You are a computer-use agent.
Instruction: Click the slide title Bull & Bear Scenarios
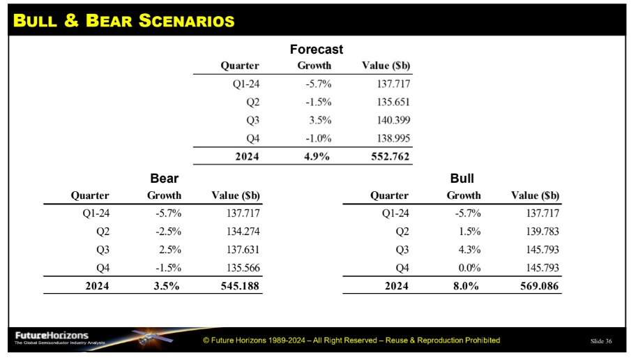124,20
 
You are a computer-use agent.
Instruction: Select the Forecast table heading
317,49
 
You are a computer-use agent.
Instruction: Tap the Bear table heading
164,178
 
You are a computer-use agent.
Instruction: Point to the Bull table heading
462,178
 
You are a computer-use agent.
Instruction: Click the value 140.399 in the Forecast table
393,120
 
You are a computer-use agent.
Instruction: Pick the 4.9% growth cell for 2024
317,156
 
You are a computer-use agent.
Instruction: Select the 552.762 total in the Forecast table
390,156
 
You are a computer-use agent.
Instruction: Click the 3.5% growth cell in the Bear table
166,286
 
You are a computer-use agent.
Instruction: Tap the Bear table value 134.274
243,232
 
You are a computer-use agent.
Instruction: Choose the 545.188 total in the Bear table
240,286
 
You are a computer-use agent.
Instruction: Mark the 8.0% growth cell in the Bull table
466,286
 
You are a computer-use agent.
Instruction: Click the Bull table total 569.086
539,286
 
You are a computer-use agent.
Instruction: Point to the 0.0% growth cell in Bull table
470,268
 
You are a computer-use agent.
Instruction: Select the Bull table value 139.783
542,232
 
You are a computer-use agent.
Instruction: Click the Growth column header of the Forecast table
314,66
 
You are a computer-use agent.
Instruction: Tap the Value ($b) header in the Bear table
236,195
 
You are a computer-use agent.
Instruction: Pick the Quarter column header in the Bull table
389,196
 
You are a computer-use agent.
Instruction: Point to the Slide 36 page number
601,341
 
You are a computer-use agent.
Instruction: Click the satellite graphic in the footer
152,337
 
